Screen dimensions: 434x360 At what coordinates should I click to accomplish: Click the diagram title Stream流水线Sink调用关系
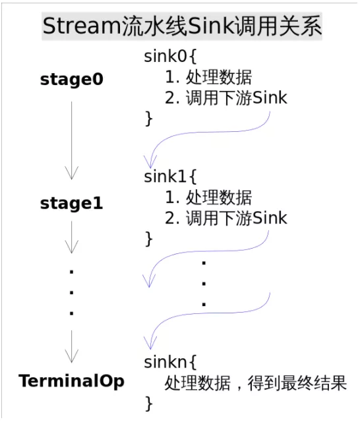(182, 28)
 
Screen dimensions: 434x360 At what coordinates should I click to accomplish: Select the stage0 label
(72, 80)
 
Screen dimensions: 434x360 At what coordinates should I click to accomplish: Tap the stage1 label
(72, 204)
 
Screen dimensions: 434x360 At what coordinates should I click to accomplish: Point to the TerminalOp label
(72, 381)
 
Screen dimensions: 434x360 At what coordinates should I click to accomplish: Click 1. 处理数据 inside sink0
(208, 77)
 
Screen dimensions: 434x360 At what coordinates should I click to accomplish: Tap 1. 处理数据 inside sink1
(208, 197)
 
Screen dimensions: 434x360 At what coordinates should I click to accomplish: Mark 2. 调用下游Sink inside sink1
(226, 218)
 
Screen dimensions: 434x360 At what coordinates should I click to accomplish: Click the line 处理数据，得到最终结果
(255, 383)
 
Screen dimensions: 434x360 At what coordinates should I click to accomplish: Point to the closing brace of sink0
(148, 119)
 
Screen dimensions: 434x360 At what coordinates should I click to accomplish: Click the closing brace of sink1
(148, 239)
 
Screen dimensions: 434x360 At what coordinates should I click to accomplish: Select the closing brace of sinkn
(148, 403)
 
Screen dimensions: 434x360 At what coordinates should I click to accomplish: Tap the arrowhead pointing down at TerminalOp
(72, 356)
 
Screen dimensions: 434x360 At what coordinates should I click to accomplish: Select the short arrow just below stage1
(72, 237)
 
